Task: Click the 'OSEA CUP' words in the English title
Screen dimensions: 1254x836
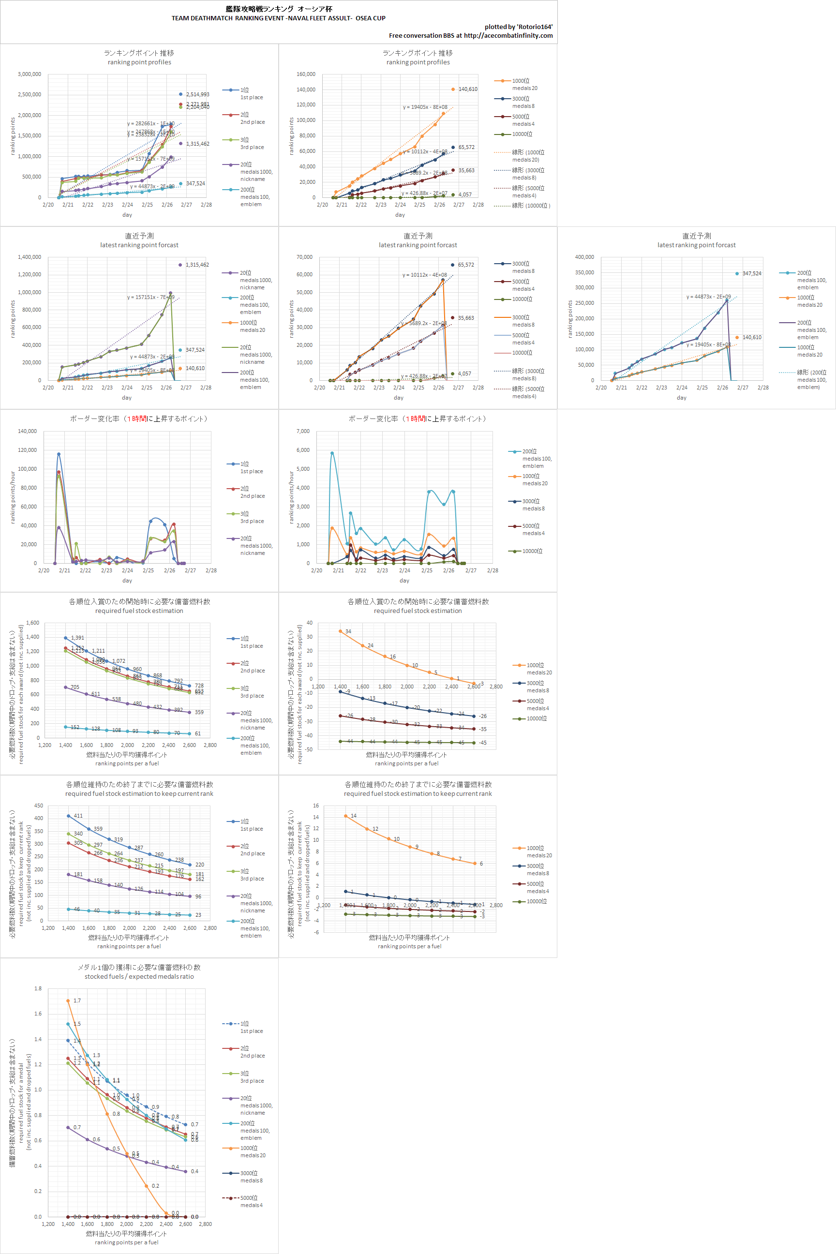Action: click(x=371, y=18)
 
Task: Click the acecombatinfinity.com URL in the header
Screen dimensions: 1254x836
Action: click(x=508, y=36)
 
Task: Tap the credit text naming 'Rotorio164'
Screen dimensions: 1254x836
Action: click(x=518, y=27)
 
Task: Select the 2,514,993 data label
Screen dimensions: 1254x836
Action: click(x=197, y=94)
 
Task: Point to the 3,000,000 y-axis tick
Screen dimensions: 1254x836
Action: click(x=30, y=74)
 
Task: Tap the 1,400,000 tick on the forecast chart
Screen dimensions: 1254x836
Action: click(x=30, y=257)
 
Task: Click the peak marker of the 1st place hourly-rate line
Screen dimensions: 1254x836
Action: click(x=59, y=454)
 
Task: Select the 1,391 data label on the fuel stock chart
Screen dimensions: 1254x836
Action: click(x=77, y=638)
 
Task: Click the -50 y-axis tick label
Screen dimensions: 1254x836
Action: click(x=308, y=749)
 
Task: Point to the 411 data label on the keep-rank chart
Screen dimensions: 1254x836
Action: click(x=78, y=816)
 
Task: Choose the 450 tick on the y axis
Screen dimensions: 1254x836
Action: click(x=38, y=806)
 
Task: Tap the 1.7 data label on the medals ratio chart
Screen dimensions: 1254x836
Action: click(x=77, y=1001)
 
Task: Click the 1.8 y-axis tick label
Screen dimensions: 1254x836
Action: click(x=38, y=988)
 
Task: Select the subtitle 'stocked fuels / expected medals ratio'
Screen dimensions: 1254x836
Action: click(x=139, y=976)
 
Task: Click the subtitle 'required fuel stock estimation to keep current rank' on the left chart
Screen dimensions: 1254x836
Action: click(x=139, y=793)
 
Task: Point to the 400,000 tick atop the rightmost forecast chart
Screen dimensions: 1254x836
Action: click(x=584, y=257)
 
